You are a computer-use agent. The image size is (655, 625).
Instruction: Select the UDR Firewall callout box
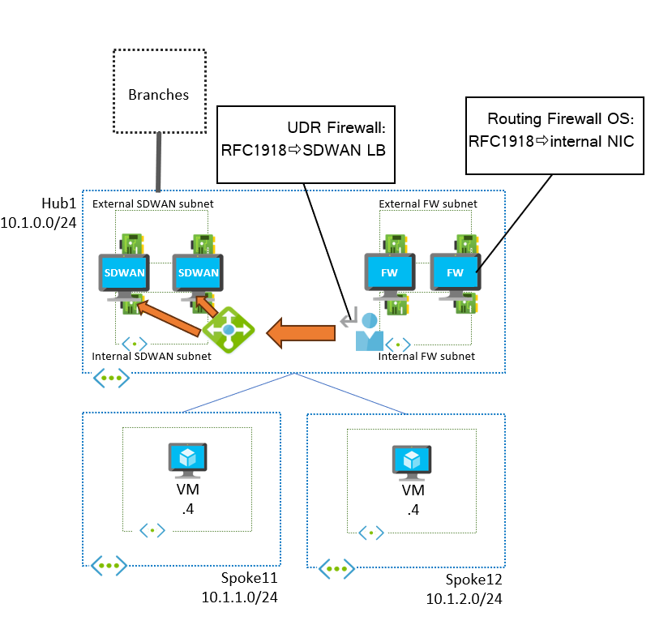pyautogui.click(x=306, y=143)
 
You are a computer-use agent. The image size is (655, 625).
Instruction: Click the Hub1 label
pyautogui.click(x=58, y=202)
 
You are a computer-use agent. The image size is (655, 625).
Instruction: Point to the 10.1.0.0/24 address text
pyautogui.click(x=39, y=221)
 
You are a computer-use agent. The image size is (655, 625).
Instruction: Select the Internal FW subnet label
pyautogui.click(x=426, y=356)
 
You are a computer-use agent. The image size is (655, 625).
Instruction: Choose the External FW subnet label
pyautogui.click(x=428, y=203)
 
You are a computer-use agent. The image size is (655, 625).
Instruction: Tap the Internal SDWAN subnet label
pyautogui.click(x=152, y=356)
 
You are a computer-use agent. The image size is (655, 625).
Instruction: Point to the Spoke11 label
pyautogui.click(x=249, y=579)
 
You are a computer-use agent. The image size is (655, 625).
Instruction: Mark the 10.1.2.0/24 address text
pyautogui.click(x=464, y=599)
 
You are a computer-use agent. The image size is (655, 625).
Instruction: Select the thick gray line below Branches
pyautogui.click(x=159, y=161)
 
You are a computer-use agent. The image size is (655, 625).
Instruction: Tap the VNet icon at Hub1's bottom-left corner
pyautogui.click(x=109, y=378)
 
